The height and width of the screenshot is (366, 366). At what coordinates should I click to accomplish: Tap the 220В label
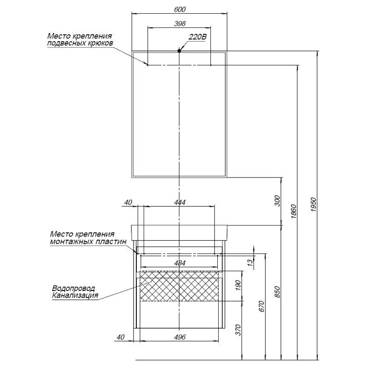pos(197,38)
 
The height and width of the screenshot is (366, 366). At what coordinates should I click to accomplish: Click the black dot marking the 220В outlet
pos(179,50)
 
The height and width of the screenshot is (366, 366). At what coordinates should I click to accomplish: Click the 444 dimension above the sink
pos(179,202)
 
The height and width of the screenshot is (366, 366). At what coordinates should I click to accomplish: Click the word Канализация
pos(76,296)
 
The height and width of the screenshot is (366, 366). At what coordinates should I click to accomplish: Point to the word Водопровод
pos(74,289)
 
